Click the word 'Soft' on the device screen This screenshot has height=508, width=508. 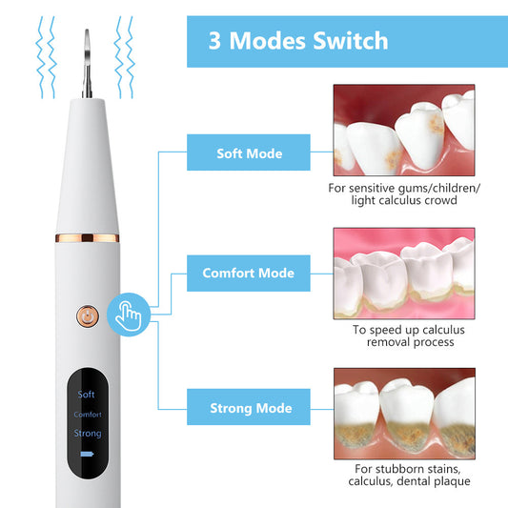click(x=87, y=394)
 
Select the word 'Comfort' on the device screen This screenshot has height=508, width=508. click(x=87, y=414)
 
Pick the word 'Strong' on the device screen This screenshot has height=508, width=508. click(x=87, y=434)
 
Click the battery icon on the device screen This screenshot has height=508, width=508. click(x=87, y=455)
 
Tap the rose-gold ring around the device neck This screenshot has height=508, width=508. click(x=87, y=236)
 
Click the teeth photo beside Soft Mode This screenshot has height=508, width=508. click(x=403, y=130)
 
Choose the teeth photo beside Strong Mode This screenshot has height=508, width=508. click(x=403, y=412)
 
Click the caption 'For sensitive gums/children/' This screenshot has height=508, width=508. click(x=403, y=188)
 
